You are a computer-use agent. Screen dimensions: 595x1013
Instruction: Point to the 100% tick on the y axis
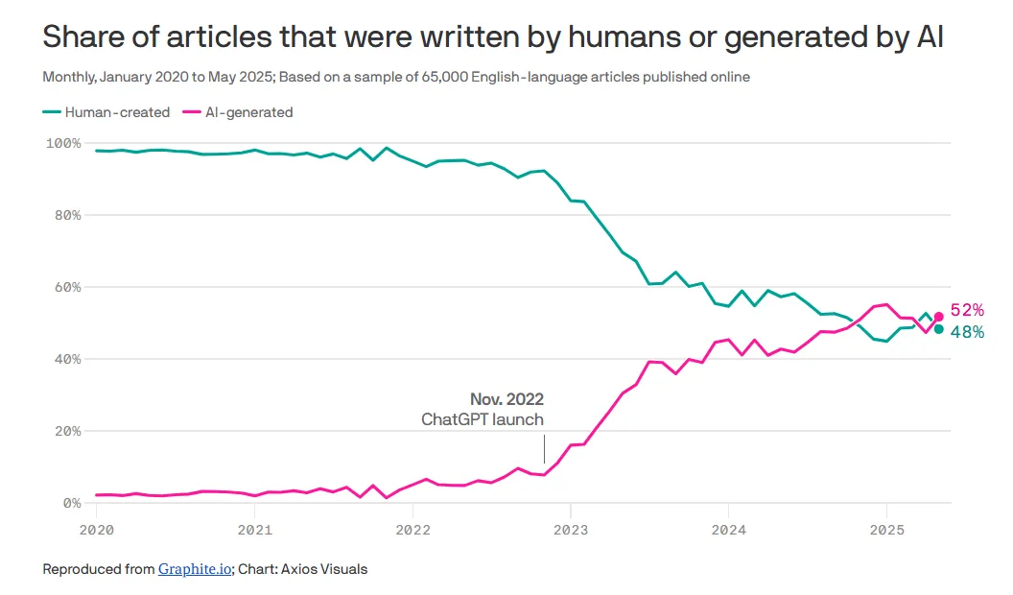[x=62, y=143]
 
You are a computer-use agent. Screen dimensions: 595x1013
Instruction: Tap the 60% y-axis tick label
[x=65, y=287]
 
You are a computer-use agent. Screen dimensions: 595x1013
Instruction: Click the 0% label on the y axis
[x=70, y=503]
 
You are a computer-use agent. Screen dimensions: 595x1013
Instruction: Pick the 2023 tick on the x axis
[x=570, y=529]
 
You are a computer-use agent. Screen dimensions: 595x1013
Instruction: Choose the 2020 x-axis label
[x=95, y=529]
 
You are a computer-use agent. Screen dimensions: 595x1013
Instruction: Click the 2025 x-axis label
[x=886, y=529]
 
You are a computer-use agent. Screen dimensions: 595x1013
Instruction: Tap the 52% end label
[x=967, y=310]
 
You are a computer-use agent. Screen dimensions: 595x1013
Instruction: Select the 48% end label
[x=967, y=332]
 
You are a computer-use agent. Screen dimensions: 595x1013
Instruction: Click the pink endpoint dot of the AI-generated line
[x=938, y=317]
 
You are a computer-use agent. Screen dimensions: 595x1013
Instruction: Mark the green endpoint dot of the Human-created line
[x=938, y=329]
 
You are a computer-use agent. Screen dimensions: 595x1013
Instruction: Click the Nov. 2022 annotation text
[x=506, y=399]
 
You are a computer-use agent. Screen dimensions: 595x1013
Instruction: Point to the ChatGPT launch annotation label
[x=483, y=419]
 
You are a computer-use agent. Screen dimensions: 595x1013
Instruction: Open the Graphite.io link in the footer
[x=195, y=569]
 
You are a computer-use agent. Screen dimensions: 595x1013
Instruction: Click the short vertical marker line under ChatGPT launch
[x=544, y=448]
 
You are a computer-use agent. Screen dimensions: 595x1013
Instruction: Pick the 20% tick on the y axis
[x=65, y=431]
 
